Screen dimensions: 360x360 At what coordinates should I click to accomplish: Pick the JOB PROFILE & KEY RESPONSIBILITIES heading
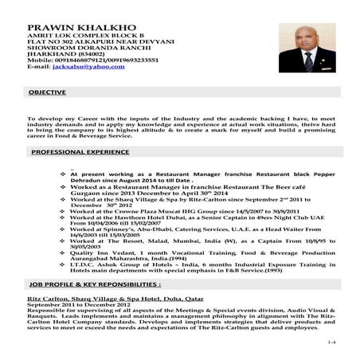(95, 284)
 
